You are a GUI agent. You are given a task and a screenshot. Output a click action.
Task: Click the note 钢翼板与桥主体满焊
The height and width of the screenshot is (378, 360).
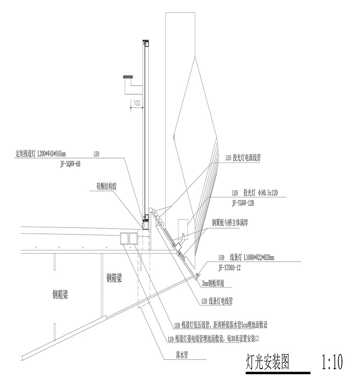(x=229, y=223)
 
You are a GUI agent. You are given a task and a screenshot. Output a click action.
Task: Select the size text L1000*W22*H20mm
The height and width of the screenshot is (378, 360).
(x=259, y=258)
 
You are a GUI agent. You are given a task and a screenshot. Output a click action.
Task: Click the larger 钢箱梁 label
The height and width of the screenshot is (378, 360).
(x=60, y=295)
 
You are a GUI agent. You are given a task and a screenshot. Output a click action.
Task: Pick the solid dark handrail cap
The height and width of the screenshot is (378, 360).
(x=128, y=77)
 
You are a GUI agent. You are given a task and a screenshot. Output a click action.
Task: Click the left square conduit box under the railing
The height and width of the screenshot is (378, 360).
(x=124, y=238)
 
